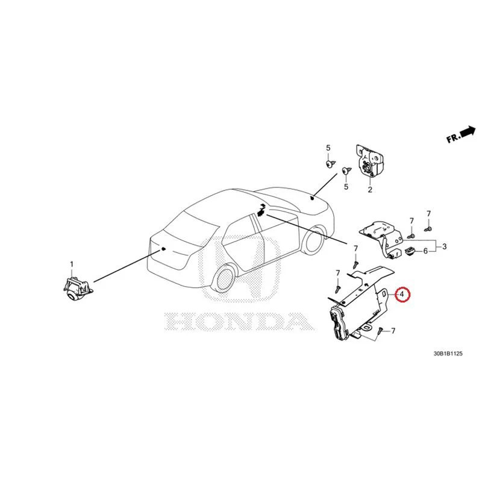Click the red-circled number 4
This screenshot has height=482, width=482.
[402, 294]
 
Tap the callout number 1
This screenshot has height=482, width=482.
[72, 264]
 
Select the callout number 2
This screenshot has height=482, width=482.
[370, 190]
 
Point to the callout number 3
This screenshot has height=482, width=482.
[444, 246]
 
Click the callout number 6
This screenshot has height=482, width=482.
[425, 251]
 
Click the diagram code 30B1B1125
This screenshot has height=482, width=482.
[448, 354]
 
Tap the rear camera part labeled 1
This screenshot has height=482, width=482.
[78, 287]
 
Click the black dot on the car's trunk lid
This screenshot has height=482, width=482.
[163, 248]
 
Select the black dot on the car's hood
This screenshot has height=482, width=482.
[311, 198]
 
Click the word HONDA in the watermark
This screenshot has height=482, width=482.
[239, 321]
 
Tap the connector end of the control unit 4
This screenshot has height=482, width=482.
[339, 324]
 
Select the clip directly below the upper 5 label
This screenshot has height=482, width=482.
[330, 163]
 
